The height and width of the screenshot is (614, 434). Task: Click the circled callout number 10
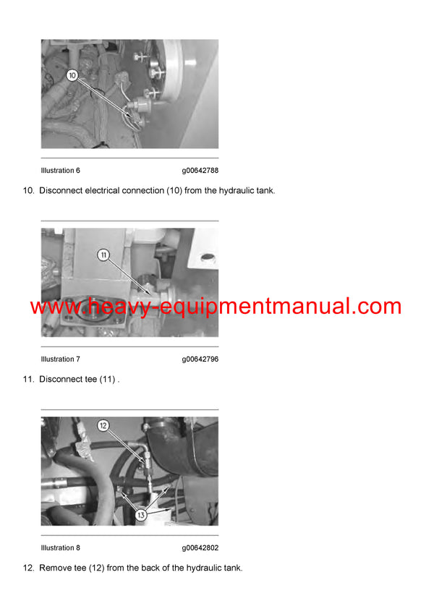(72, 74)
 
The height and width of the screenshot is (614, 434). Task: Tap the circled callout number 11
(103, 255)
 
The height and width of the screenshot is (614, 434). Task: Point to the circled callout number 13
(140, 516)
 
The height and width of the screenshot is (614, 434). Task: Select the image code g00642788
(200, 171)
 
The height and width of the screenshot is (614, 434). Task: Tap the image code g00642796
(200, 359)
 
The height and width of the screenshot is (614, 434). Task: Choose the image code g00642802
(200, 548)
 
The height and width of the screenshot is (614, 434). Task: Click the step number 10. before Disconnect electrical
(29, 191)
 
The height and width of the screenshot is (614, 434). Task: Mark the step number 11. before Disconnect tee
(29, 380)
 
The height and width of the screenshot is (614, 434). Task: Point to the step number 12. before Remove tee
(29, 568)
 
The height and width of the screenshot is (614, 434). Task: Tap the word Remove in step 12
(56, 568)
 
